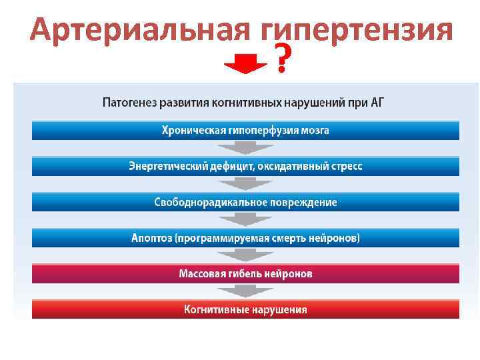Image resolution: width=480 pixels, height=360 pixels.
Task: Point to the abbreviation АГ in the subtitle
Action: click(376, 103)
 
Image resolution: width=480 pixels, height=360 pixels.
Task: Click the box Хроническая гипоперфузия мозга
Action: click(245, 130)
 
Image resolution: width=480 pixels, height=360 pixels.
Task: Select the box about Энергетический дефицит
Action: click(245, 166)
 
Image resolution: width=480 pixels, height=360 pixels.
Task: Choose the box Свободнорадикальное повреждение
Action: click(245, 202)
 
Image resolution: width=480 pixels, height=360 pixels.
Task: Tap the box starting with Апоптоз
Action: click(245, 238)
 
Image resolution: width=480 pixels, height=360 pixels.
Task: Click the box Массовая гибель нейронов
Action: click(245, 273)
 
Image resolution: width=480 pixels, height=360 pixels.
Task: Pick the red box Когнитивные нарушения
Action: click(245, 309)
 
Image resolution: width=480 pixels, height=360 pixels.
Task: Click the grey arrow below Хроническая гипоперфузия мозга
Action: click(245, 148)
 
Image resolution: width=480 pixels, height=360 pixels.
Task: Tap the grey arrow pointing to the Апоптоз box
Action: click(245, 220)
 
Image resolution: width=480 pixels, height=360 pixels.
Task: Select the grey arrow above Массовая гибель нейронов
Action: click(245, 256)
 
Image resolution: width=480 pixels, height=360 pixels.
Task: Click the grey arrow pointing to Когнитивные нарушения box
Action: click(245, 291)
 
